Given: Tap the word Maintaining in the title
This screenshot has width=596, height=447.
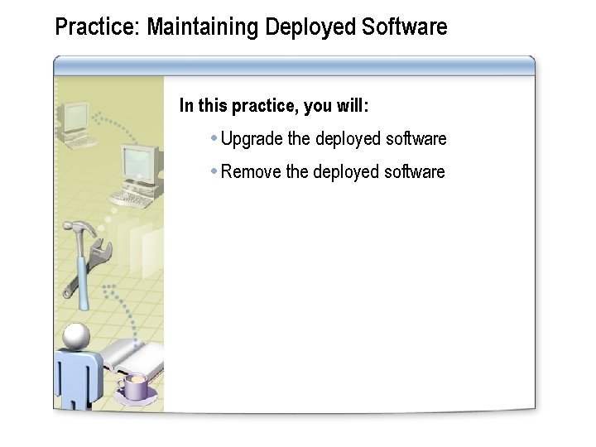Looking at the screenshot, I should (204, 27).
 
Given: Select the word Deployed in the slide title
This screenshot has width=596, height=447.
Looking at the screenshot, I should (311, 27).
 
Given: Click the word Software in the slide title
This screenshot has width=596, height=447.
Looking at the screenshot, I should (405, 27).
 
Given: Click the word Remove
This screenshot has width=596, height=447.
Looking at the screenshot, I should (251, 172).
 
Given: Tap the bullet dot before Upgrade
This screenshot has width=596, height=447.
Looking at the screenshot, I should (214, 137).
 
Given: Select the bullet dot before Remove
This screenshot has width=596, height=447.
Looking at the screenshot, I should (214, 171).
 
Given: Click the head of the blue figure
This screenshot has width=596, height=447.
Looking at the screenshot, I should (76, 335).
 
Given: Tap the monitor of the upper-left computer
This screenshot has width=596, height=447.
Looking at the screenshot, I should (75, 118).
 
